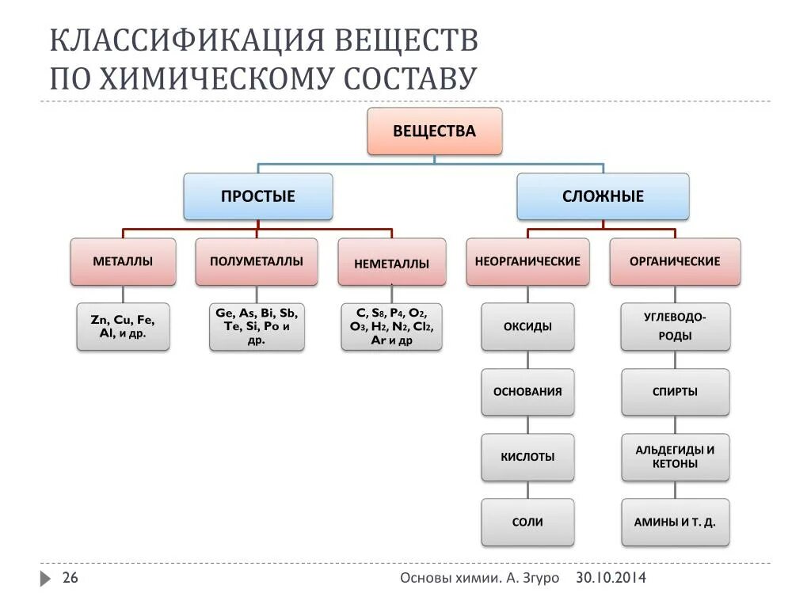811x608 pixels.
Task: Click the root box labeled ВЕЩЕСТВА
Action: click(x=434, y=131)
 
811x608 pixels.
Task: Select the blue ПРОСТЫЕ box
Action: click(x=258, y=196)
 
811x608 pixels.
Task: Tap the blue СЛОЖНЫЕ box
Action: click(x=603, y=196)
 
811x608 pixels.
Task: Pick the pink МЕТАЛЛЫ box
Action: click(x=123, y=261)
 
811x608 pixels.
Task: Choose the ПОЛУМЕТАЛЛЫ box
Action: click(x=257, y=261)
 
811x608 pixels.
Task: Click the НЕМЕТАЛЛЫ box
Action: click(x=390, y=263)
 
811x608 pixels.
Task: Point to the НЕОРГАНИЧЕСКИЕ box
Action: click(x=527, y=261)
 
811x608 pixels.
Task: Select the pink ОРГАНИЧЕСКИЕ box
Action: click(x=675, y=261)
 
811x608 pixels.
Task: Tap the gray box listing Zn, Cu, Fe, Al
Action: click(x=123, y=326)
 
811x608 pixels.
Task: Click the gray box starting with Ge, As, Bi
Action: click(x=257, y=326)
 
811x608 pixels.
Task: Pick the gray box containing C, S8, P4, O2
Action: click(x=391, y=326)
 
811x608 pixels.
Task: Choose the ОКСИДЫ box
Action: click(x=527, y=326)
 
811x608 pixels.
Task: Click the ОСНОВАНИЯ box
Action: click(x=527, y=391)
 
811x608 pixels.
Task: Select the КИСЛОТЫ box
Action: click(x=527, y=457)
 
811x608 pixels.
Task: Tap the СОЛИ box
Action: click(x=527, y=522)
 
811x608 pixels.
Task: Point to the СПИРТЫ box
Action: click(x=675, y=391)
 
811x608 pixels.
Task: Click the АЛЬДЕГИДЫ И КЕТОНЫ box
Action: click(x=675, y=457)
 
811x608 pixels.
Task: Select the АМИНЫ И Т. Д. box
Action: click(x=675, y=522)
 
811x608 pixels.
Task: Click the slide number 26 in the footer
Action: click(x=70, y=578)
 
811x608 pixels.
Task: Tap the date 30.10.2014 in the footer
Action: click(x=611, y=578)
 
